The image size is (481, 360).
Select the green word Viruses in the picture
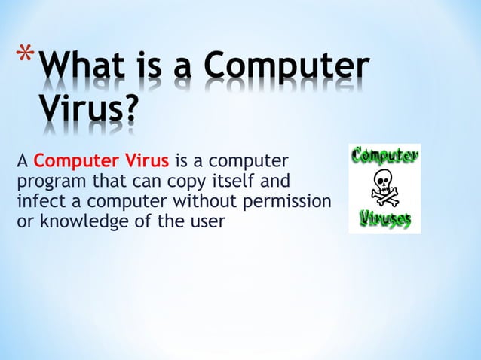point(384,218)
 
